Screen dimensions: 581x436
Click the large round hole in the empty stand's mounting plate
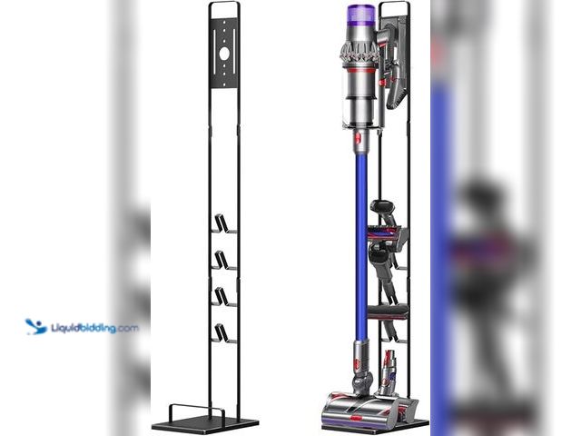tap(224, 54)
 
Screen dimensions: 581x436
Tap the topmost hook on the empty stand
tap(223, 223)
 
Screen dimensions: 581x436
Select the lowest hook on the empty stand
tap(223, 333)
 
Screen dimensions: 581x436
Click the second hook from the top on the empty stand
tap(223, 261)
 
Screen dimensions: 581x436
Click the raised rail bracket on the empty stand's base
tap(197, 412)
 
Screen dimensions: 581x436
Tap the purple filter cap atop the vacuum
tap(361, 17)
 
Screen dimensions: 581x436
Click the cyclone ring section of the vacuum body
tap(359, 51)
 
